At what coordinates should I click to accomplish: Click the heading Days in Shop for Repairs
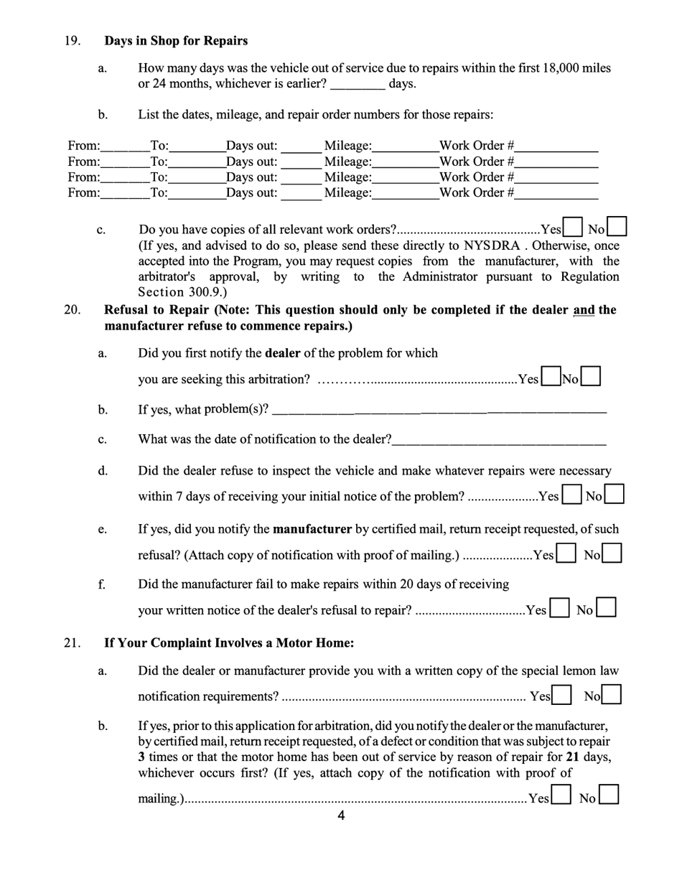(176, 40)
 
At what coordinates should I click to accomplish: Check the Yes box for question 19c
(573, 228)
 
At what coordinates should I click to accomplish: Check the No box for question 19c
(617, 227)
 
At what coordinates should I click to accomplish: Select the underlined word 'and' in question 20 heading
(584, 310)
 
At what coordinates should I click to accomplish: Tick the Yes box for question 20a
(551, 377)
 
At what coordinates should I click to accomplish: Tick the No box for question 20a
(591, 377)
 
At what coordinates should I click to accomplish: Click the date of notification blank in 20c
(499, 439)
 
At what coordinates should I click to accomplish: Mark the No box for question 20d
(615, 495)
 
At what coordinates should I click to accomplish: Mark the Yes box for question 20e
(566, 553)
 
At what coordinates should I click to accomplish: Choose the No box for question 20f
(607, 609)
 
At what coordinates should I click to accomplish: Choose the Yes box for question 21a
(562, 695)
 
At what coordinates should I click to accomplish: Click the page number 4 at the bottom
(341, 816)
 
